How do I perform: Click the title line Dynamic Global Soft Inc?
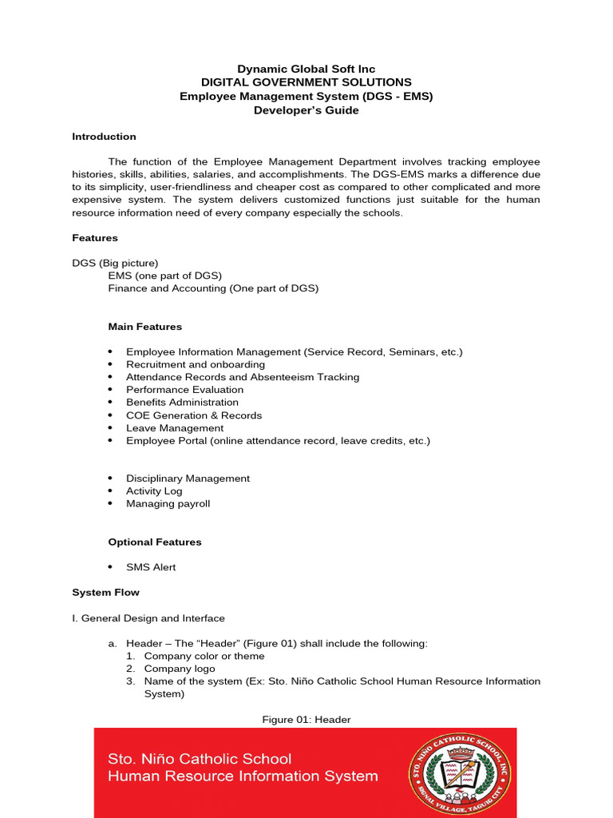[306, 69]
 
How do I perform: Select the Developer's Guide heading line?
[306, 110]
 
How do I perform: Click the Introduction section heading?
[104, 137]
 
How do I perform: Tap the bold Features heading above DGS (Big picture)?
[95, 238]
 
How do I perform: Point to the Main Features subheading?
[145, 327]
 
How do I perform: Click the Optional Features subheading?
[155, 542]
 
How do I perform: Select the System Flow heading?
[105, 593]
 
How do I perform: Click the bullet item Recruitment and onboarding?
[196, 364]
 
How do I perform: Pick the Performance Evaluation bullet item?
[184, 390]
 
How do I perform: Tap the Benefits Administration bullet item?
[182, 403]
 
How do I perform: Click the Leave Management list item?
[175, 428]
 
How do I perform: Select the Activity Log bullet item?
[154, 491]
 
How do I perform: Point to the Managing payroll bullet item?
[168, 504]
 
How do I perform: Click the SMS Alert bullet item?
[151, 567]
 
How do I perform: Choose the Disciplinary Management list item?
[188, 478]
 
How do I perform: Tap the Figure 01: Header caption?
[306, 720]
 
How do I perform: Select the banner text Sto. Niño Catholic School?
[200, 759]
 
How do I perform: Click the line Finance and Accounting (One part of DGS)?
[213, 288]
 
